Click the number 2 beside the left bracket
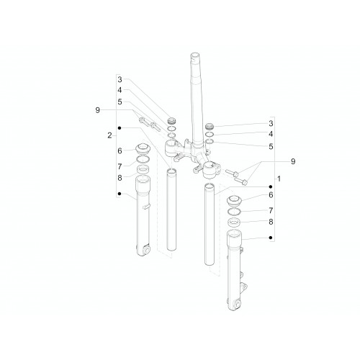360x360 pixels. (109, 135)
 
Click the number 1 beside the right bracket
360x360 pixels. (279, 179)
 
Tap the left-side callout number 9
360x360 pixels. (97, 110)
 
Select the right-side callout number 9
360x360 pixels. (293, 161)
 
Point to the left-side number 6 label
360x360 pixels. (120, 150)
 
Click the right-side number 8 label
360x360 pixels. (271, 222)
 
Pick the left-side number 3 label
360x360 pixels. (120, 79)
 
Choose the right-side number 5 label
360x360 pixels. (271, 146)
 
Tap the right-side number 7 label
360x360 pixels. (271, 210)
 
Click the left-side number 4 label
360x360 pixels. (120, 90)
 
